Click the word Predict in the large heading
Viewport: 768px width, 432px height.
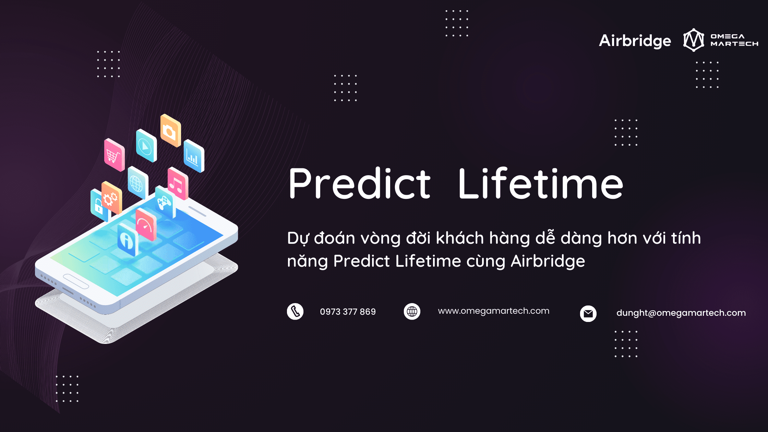click(359, 183)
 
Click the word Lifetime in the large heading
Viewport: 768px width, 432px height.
click(541, 183)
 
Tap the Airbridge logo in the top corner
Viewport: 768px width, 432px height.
click(635, 41)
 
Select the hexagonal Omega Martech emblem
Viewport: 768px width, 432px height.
click(694, 40)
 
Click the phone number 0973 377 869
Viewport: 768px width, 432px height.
click(348, 312)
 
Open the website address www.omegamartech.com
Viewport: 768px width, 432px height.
click(494, 311)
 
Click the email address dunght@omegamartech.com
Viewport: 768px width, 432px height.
click(681, 313)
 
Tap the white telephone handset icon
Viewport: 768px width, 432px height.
click(295, 312)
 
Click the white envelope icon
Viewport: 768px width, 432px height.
click(588, 314)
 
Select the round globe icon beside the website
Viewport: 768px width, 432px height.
click(412, 311)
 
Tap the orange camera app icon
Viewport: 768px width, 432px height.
click(170, 131)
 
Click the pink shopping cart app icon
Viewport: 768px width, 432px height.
click(115, 155)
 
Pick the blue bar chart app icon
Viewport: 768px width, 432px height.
click(194, 156)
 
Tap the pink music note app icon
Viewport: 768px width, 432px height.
click(178, 183)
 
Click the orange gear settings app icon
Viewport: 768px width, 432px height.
click(112, 198)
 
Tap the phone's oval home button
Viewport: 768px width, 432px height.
click(76, 281)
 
